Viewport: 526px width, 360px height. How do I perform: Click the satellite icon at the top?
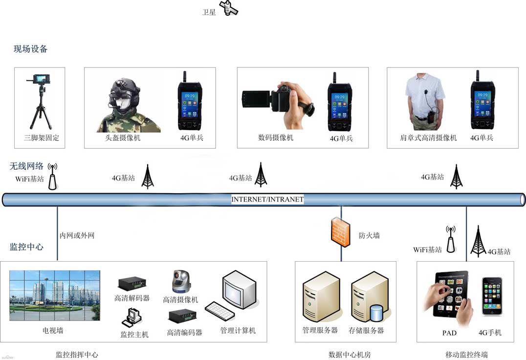[x=228, y=8]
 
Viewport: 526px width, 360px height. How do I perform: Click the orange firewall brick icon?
[x=341, y=232]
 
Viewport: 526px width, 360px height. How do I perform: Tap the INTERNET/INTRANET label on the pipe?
[x=267, y=200]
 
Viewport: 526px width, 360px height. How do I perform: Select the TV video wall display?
[x=54, y=296]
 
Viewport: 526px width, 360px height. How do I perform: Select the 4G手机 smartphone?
[x=491, y=296]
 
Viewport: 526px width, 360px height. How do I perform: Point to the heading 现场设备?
[x=31, y=49]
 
